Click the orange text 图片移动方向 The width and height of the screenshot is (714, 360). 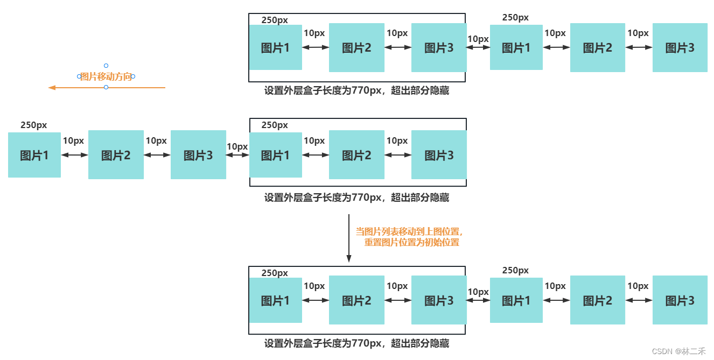106,76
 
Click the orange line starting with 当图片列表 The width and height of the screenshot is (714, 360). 410,231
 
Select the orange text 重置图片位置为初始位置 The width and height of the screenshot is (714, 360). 412,242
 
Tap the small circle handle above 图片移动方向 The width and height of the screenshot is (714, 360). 106,66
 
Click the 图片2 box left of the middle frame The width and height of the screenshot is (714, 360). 116,155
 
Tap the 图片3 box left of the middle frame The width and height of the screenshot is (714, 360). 198,155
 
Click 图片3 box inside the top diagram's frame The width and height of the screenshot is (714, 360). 438,47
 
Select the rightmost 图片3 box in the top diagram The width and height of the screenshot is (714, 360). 680,47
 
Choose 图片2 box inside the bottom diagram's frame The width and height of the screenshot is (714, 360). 356,300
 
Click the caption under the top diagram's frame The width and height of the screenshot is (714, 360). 356,91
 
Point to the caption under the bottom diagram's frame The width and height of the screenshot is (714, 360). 356,343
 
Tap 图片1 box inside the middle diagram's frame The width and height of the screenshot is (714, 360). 276,155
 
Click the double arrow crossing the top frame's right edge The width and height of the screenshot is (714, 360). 478,47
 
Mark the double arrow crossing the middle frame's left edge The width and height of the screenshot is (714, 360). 237,155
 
